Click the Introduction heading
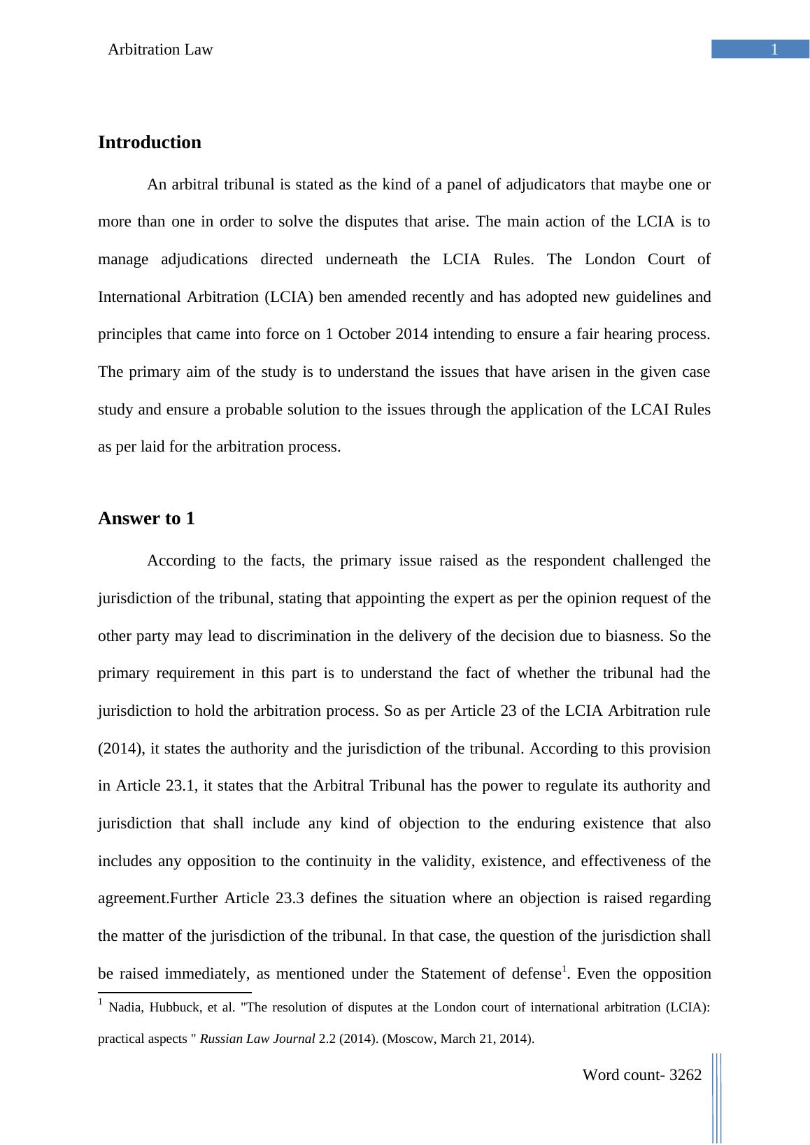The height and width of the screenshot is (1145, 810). (x=149, y=143)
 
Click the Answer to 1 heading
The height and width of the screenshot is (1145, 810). (x=146, y=519)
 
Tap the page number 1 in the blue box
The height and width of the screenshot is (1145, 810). (x=774, y=50)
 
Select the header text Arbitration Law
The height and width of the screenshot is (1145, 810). (x=160, y=50)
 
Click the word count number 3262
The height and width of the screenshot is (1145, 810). (x=685, y=1075)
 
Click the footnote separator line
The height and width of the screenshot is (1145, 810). (x=175, y=992)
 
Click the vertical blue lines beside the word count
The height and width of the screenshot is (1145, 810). (x=717, y=1097)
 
